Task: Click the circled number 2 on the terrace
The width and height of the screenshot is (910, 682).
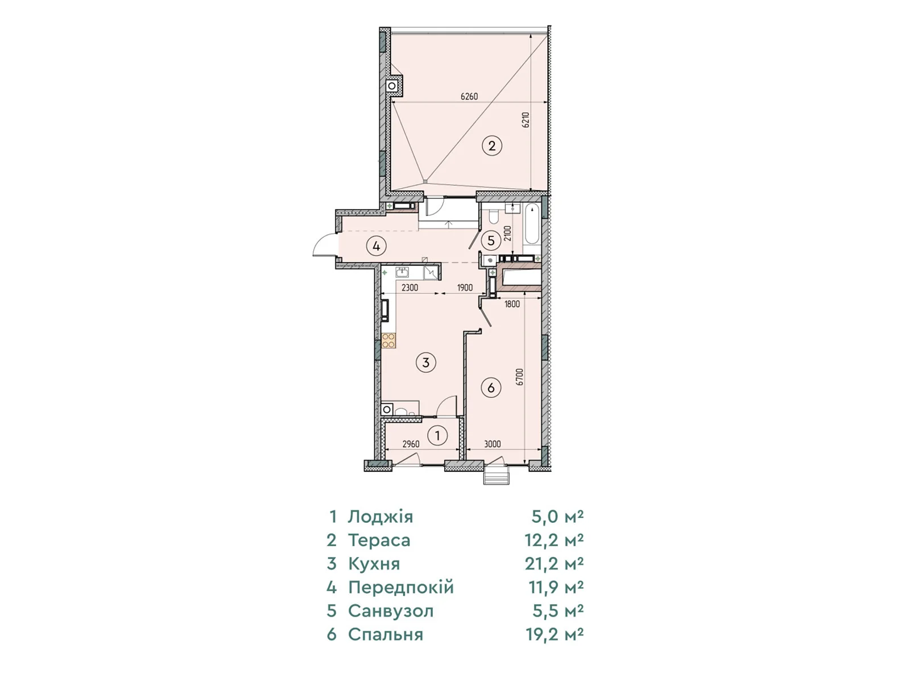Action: pyautogui.click(x=492, y=145)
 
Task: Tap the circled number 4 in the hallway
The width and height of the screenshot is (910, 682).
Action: pyautogui.click(x=376, y=247)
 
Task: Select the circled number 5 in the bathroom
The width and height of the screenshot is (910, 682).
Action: pyautogui.click(x=491, y=240)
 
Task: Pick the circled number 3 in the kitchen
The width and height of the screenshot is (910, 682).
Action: pyautogui.click(x=426, y=363)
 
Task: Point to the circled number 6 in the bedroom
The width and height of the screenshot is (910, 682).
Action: pyautogui.click(x=491, y=388)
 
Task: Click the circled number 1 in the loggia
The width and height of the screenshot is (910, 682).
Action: pyautogui.click(x=438, y=435)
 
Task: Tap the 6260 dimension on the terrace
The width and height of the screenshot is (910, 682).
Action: pyautogui.click(x=469, y=97)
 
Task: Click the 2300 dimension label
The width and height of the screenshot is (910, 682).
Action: pyautogui.click(x=409, y=288)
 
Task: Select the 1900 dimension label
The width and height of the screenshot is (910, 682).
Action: pyautogui.click(x=465, y=288)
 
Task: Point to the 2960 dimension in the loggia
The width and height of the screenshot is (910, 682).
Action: pyautogui.click(x=411, y=444)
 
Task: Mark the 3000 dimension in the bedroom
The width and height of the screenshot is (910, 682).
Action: pyautogui.click(x=493, y=444)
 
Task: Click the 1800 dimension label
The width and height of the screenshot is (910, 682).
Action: pyautogui.click(x=512, y=304)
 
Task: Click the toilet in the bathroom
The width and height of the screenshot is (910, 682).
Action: pyautogui.click(x=494, y=216)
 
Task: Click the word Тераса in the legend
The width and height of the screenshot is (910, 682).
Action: pyautogui.click(x=379, y=540)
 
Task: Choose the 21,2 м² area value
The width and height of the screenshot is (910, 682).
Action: pyautogui.click(x=555, y=564)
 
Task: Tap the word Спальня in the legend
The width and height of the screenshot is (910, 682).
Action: pyautogui.click(x=386, y=634)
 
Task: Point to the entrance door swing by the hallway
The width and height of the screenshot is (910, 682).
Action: pyautogui.click(x=325, y=245)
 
